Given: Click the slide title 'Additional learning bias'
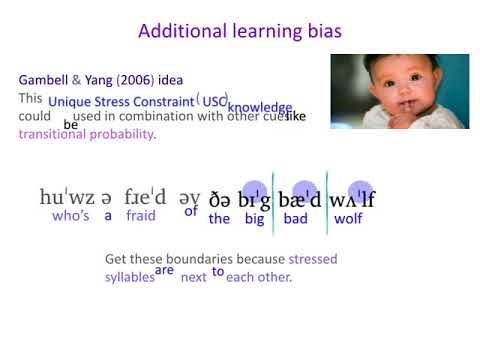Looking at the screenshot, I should pyautogui.click(x=239, y=31).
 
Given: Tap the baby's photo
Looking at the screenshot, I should pyautogui.click(x=399, y=92).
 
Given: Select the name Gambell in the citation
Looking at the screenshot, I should pyautogui.click(x=45, y=80).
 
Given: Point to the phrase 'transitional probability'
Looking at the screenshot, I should pyautogui.click(x=86, y=135).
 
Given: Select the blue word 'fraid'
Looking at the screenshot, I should pyautogui.click(x=141, y=217).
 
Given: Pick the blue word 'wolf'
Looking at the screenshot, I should pyautogui.click(x=348, y=218).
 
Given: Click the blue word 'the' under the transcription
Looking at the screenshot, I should pyautogui.click(x=219, y=218).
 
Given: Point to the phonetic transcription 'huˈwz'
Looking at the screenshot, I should pyautogui.click(x=66, y=197).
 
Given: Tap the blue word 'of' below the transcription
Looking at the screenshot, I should pyautogui.click(x=191, y=211).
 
